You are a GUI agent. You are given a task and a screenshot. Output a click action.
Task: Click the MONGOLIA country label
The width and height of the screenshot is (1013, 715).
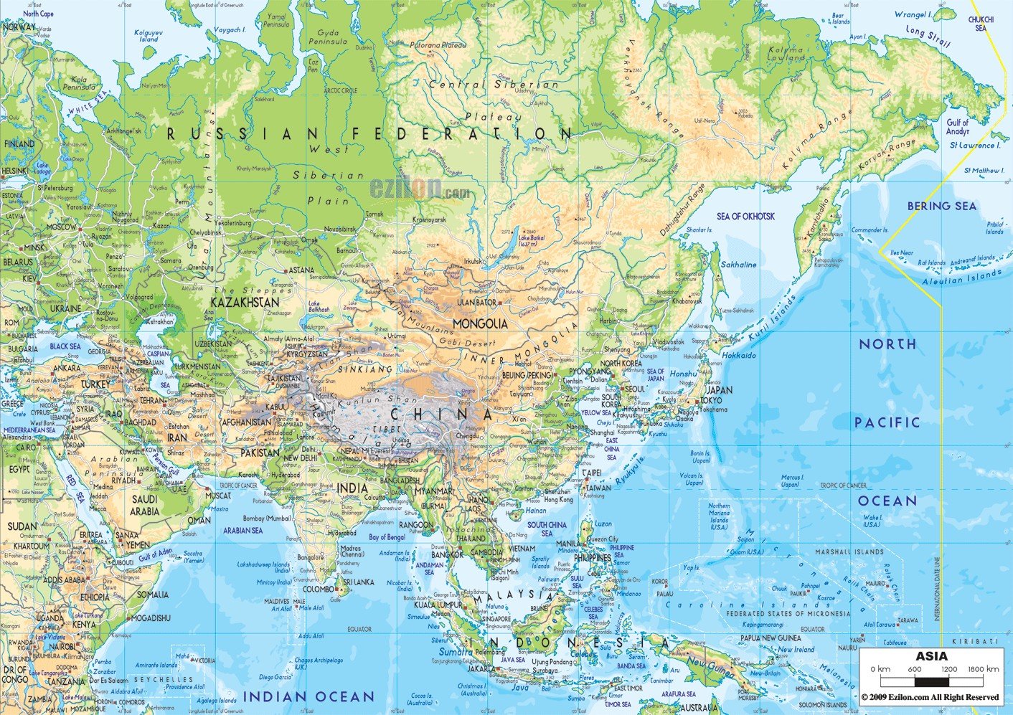tap(480, 324)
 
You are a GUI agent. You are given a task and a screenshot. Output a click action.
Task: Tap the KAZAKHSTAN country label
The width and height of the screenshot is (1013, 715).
tap(245, 303)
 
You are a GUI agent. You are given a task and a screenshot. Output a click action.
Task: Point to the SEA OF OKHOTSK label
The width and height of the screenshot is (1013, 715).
tap(745, 216)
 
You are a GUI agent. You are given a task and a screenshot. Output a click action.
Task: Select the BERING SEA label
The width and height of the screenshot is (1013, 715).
tap(941, 207)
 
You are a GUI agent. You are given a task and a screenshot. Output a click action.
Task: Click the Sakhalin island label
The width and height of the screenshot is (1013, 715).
tap(738, 265)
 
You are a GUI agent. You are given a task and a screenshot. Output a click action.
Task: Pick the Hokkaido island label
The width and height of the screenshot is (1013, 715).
tap(739, 355)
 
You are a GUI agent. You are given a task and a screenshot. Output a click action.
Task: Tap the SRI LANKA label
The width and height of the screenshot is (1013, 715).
tap(357, 582)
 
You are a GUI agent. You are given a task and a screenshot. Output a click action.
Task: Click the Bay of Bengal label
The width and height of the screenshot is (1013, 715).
tap(387, 537)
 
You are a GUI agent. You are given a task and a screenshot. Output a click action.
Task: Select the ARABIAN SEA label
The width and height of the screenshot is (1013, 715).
tap(242, 531)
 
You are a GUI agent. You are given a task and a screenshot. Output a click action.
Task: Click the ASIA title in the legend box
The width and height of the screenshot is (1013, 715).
tap(930, 656)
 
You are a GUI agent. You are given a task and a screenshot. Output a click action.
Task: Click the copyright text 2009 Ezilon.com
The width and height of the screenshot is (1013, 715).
tap(930, 697)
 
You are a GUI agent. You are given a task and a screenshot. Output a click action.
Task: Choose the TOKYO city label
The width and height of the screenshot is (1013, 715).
tap(710, 400)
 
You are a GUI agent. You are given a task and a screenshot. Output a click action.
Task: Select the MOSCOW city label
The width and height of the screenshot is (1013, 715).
tap(61, 227)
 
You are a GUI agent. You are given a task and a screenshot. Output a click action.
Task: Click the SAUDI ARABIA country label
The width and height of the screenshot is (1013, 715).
tap(144, 505)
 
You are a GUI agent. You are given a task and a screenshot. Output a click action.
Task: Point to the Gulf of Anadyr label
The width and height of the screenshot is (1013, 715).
tap(957, 127)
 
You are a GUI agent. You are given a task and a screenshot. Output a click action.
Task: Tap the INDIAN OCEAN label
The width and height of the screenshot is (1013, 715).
tap(308, 696)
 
